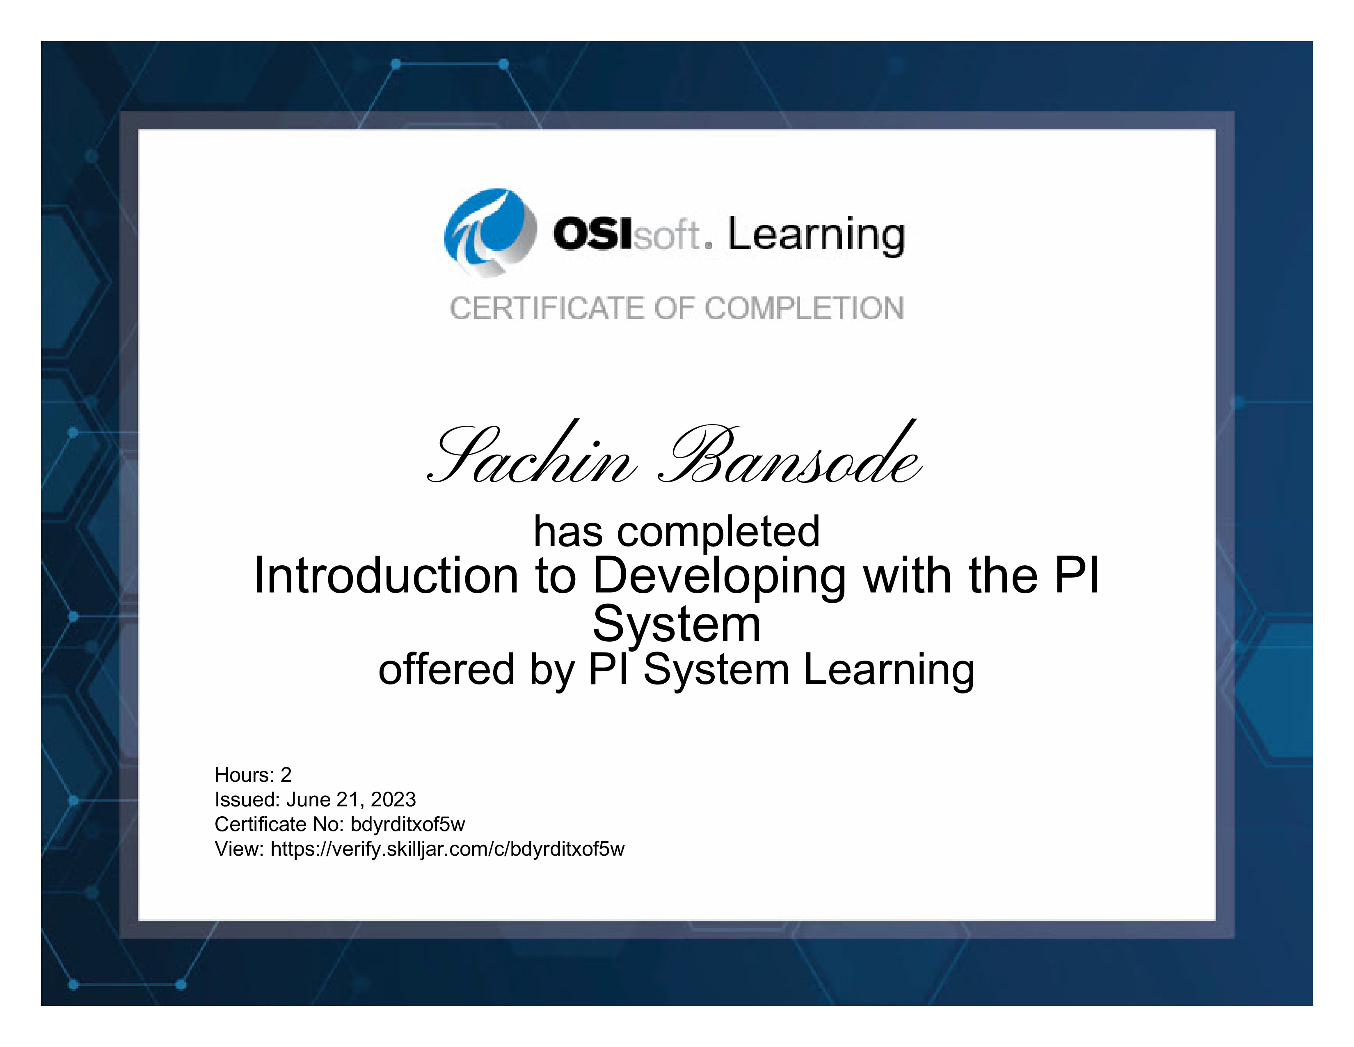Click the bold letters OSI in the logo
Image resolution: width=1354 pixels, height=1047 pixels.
(x=593, y=234)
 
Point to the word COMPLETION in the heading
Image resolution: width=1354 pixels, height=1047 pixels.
(x=804, y=308)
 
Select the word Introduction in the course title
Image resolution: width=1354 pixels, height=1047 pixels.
(x=386, y=576)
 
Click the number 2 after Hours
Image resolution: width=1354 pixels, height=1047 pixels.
(x=286, y=775)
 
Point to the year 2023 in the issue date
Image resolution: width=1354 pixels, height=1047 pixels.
(x=393, y=799)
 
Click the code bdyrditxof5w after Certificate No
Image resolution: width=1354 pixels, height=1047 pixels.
(x=407, y=824)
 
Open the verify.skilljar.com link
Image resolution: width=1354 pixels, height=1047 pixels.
(x=448, y=849)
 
